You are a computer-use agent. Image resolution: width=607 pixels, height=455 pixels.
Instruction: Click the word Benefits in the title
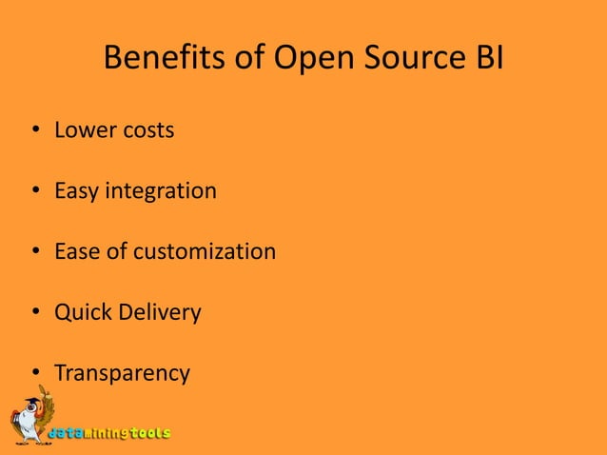coord(158,60)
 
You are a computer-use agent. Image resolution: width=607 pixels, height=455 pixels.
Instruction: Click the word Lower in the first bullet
coord(83,130)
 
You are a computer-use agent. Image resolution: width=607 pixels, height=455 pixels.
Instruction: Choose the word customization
coord(205,252)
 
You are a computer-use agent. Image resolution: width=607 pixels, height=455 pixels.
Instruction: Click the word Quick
coord(82,313)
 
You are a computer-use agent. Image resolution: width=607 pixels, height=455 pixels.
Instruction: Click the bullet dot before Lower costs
coord(34,131)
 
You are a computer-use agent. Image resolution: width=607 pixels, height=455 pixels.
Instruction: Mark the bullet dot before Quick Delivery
coord(34,313)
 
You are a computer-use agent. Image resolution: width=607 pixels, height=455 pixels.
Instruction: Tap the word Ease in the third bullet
coord(76,252)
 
